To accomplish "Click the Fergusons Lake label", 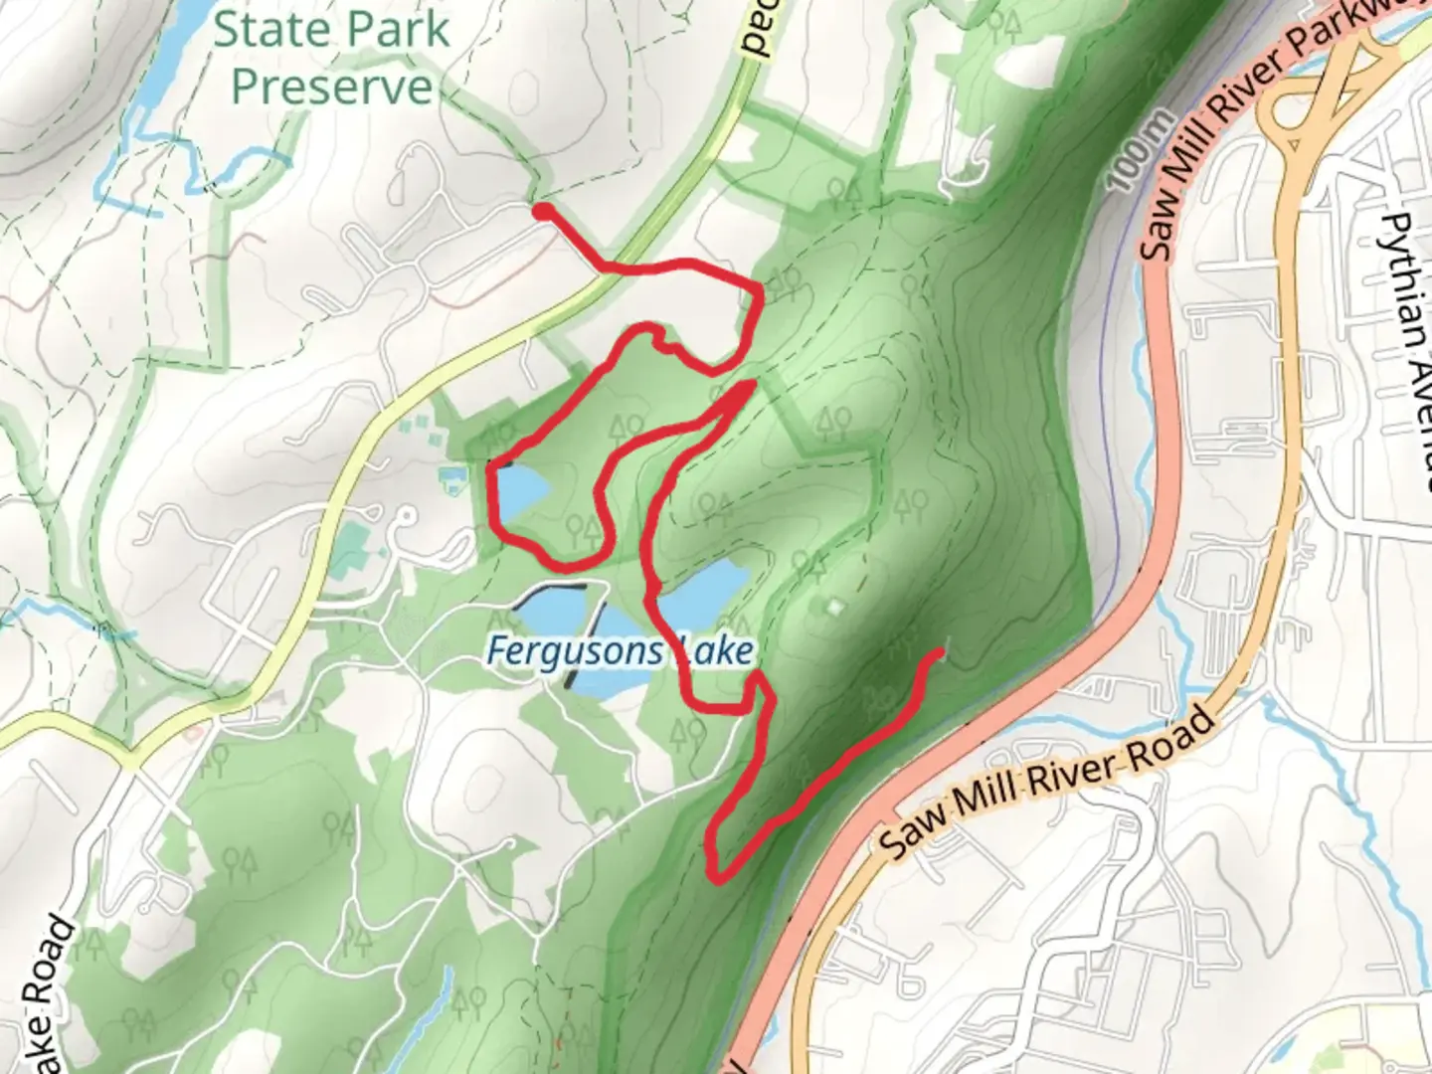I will click(x=620, y=651).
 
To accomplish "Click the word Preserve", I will click(x=332, y=87).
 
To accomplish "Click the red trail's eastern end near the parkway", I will click(x=940, y=653).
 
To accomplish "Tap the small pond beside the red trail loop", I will click(x=520, y=489).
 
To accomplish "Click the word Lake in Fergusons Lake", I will click(x=714, y=652).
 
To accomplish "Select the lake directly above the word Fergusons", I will click(x=552, y=610).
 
